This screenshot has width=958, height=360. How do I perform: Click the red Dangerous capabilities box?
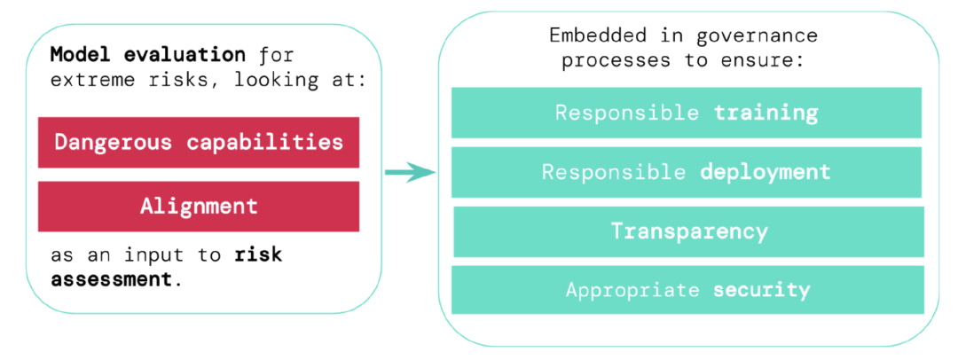click(199, 143)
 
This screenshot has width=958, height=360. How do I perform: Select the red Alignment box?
click(199, 207)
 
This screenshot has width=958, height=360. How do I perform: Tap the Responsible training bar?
click(686, 113)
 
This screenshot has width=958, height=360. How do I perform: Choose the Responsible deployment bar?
click(686, 172)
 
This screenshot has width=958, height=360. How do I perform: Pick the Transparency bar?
click(688, 231)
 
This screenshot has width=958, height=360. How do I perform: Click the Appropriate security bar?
click(687, 290)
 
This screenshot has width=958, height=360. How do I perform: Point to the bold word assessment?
click(111, 280)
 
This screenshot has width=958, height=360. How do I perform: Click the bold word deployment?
click(766, 172)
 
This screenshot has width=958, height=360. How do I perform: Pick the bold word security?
click(761, 290)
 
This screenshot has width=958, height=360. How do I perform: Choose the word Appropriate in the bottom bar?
click(632, 290)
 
